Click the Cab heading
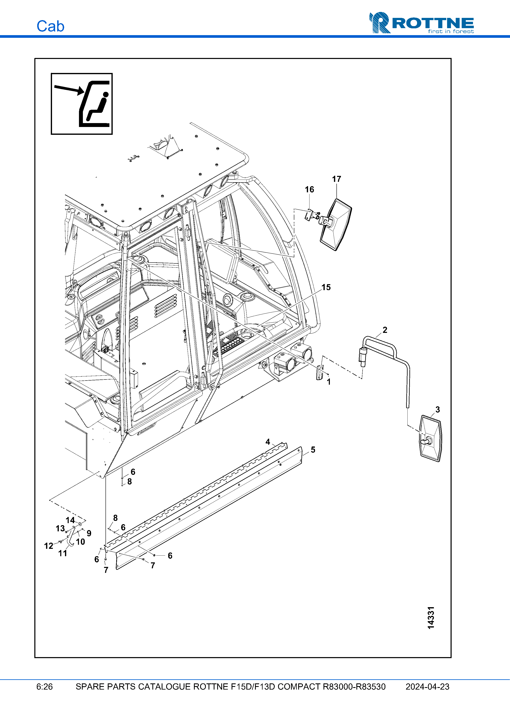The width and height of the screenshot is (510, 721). tap(50, 26)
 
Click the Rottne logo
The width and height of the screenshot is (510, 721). tap(421, 23)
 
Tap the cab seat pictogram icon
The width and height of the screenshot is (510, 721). tap(82, 104)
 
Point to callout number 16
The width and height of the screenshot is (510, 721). tap(309, 189)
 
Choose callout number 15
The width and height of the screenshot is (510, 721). tap(326, 287)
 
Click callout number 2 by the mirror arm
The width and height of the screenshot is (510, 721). tap(385, 330)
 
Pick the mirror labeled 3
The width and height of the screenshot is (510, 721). tap(431, 439)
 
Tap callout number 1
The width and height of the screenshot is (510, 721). tap(329, 382)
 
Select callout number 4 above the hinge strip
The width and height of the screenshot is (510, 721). tap(268, 442)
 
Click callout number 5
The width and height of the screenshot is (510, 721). tap(313, 450)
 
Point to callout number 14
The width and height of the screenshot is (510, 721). tap(70, 520)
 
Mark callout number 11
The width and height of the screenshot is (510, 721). tap(63, 554)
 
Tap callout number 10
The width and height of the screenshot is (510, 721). tap(80, 542)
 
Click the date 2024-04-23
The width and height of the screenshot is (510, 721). tap(427, 687)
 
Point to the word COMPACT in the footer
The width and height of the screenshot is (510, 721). tap(299, 687)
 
